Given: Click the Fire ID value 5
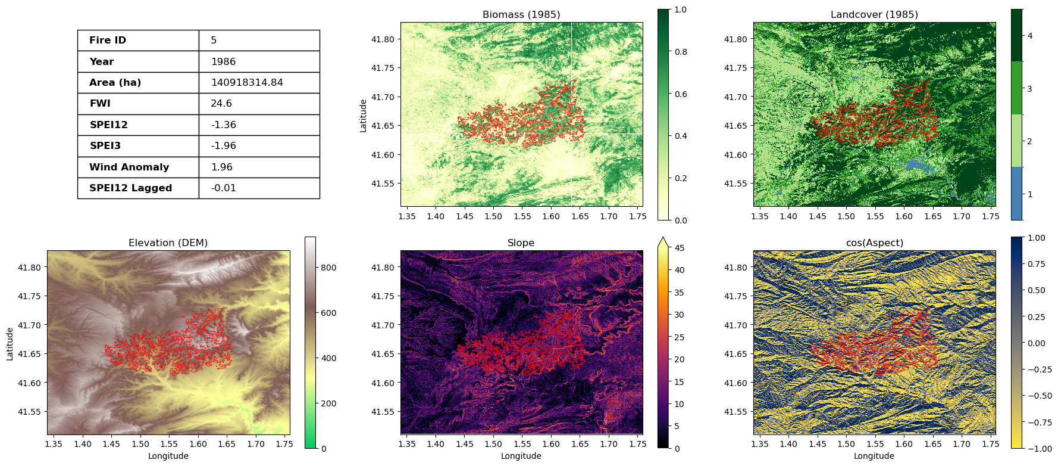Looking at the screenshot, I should click(x=214, y=41).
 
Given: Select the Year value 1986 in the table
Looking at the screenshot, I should click(x=223, y=62).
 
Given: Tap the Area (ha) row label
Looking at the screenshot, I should click(x=115, y=83).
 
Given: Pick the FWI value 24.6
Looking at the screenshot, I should click(x=221, y=104).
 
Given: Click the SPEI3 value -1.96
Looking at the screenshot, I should click(x=223, y=146).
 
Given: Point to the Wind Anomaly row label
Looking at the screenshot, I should click(x=129, y=167).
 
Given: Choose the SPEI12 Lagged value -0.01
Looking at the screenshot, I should click(x=223, y=188).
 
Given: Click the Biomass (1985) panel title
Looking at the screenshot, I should click(x=521, y=14).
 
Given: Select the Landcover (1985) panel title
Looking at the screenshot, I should click(x=874, y=14).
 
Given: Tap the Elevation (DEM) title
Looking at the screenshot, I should click(x=168, y=243).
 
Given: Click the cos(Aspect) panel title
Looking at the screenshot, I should click(x=874, y=243).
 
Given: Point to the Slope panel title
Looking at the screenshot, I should click(x=521, y=243).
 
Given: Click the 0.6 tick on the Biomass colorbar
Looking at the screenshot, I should click(x=681, y=94).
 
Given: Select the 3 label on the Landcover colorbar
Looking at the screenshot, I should click(x=1030, y=89).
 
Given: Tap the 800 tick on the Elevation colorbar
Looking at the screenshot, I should click(x=328, y=268).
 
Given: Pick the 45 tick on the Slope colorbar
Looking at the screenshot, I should click(x=679, y=248).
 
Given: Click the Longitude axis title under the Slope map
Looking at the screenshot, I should click(x=521, y=456).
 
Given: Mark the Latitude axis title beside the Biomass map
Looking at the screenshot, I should click(x=363, y=115).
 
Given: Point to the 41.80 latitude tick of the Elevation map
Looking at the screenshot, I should click(x=29, y=268).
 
